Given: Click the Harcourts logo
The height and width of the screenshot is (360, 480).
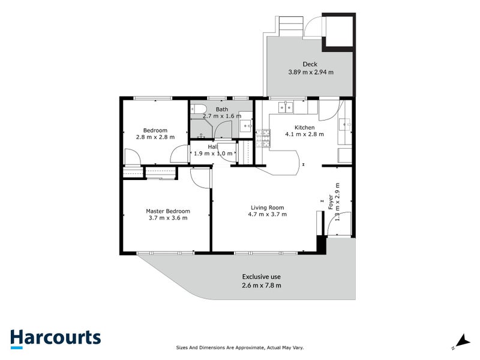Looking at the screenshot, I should tap(55, 337).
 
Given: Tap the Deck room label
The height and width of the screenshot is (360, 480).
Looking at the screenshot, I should tap(310, 64).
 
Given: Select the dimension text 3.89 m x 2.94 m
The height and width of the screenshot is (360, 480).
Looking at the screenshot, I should tap(310, 73).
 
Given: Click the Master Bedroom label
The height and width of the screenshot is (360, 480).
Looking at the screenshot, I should tap(168, 211).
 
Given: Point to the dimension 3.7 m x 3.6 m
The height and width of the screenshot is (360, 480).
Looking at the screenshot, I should tap(168, 218).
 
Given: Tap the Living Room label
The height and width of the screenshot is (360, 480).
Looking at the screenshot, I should tap(268, 208).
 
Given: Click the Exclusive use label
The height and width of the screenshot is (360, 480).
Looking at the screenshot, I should tap(261, 277).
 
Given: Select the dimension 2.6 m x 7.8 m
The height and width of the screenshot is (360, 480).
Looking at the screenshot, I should tap(261, 285).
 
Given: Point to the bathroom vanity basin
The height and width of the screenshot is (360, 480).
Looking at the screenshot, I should tap(247, 125).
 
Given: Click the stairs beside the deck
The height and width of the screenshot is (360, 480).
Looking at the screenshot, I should tap(290, 26).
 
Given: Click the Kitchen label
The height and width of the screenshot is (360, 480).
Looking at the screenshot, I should tap(304, 128).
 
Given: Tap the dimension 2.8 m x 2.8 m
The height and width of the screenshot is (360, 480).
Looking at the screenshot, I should tap(155, 137).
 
